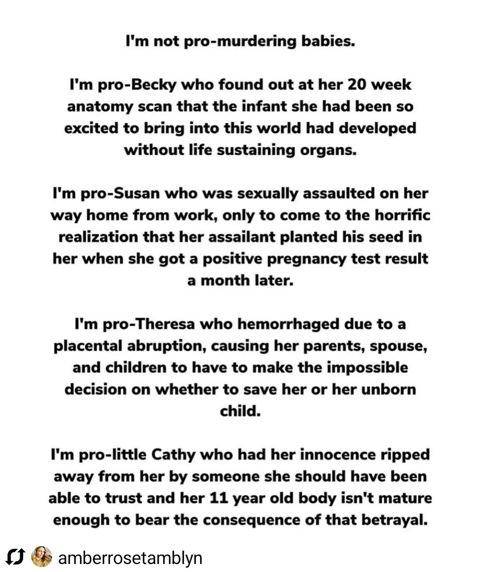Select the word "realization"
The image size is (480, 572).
pyautogui.click(x=98, y=237)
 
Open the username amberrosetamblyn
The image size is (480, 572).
pyautogui.click(x=130, y=557)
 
